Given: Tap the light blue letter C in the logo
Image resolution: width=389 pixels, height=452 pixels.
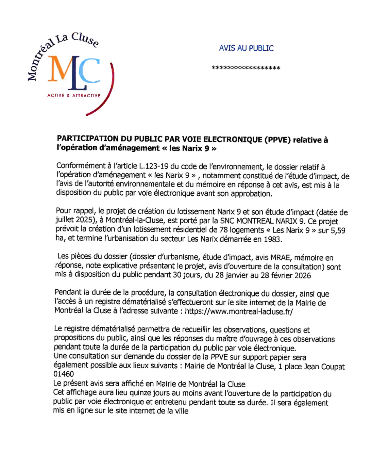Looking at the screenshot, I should (90, 71).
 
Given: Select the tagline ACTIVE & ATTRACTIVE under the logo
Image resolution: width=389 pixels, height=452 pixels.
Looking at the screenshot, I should (74, 96).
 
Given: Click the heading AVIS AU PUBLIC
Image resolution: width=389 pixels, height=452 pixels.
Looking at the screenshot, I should (246, 48).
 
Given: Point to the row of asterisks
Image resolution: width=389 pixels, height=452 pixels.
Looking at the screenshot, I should (246, 68).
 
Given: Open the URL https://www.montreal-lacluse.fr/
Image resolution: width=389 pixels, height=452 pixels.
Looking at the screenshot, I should (239, 311).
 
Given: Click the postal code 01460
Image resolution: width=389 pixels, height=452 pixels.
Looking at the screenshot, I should (64, 374).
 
